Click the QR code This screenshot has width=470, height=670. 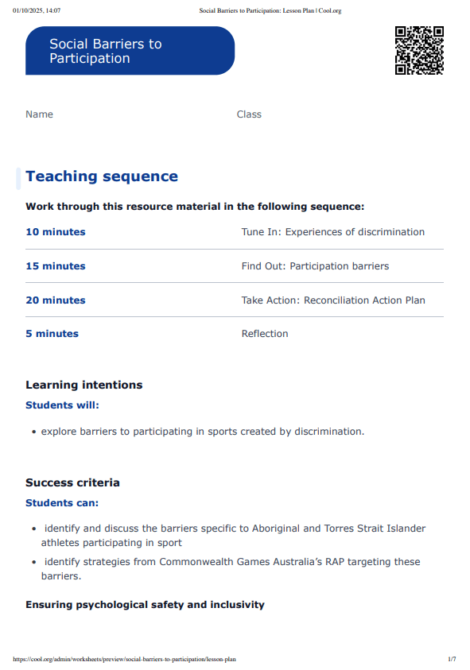tap(419, 51)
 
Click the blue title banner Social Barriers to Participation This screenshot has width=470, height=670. tap(130, 51)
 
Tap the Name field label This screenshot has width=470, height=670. tap(39, 114)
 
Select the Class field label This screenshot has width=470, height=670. tap(249, 114)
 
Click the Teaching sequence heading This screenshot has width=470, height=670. tap(102, 176)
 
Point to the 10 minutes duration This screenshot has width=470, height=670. tap(56, 232)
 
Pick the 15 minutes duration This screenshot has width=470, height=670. tap(56, 266)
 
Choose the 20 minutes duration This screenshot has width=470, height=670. tap(56, 300)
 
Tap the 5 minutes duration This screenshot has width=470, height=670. tap(52, 334)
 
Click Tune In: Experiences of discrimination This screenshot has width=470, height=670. tap(332, 232)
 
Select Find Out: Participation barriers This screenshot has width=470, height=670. tap(315, 266)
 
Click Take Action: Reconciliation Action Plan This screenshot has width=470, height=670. tap(333, 300)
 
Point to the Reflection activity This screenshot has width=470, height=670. tap(265, 334)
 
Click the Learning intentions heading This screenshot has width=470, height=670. tap(84, 385)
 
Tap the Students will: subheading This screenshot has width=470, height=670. tap(63, 405)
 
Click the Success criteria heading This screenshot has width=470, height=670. tap(72, 482)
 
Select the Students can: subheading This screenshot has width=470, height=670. tap(62, 503)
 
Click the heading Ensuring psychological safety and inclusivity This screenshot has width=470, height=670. tap(145, 605)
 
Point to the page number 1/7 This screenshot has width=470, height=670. tap(452, 659)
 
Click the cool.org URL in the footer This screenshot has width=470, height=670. tap(125, 659)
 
